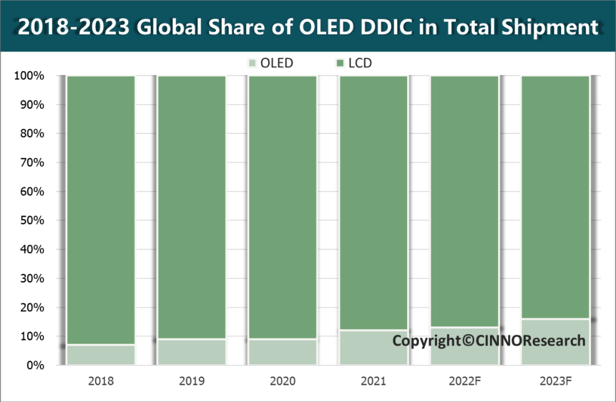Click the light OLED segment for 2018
click(101, 355)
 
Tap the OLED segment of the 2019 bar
click(192, 352)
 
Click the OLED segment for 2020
click(282, 352)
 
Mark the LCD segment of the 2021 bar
click(374, 202)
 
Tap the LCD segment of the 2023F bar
click(555, 197)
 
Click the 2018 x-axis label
click(101, 381)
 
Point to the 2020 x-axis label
click(282, 381)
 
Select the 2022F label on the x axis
click(464, 381)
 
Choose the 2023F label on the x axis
click(555, 381)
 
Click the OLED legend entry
click(270, 63)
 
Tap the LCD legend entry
click(354, 63)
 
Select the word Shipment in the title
click(546, 27)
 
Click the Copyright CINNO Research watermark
click(489, 341)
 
